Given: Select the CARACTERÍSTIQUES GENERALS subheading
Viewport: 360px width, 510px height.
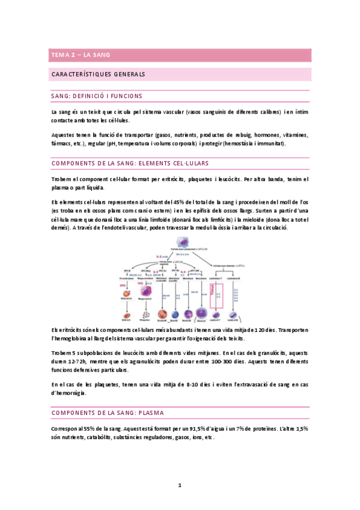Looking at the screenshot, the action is click(x=99, y=75).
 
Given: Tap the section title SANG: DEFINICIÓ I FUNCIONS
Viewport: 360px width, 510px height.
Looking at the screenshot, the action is click(x=97, y=96).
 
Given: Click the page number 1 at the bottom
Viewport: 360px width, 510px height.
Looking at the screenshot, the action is click(x=179, y=485).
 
